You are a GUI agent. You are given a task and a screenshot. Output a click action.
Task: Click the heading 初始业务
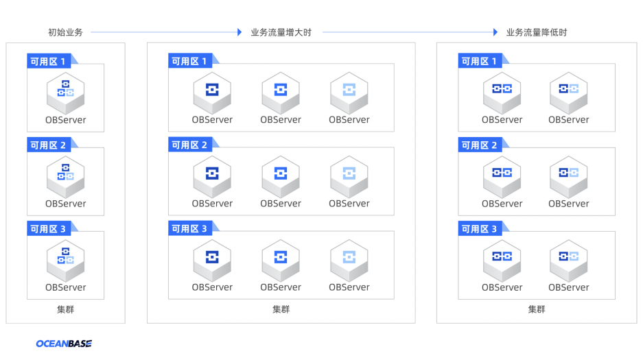tap(65, 32)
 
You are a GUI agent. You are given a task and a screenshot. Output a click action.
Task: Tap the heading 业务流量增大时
tap(281, 32)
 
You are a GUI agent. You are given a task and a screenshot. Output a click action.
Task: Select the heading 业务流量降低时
tap(537, 32)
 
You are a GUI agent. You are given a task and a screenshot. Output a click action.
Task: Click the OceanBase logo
tap(64, 344)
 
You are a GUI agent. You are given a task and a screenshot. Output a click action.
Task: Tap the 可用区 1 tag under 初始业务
tap(49, 61)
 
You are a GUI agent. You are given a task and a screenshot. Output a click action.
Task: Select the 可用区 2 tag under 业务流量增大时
tap(190, 145)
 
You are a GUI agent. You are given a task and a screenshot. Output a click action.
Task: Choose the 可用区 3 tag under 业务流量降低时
tap(480, 228)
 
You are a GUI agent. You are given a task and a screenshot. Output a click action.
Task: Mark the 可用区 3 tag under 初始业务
tap(49, 228)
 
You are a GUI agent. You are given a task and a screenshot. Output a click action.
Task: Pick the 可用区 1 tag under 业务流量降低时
tap(480, 61)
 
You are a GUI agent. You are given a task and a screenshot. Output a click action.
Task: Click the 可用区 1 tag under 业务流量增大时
tap(190, 61)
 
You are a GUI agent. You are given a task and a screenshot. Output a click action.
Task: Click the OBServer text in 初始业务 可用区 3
tap(66, 287)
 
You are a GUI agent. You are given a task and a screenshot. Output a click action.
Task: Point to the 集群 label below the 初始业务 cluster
tap(66, 309)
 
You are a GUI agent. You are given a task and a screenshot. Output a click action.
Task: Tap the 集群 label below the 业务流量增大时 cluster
tap(281, 309)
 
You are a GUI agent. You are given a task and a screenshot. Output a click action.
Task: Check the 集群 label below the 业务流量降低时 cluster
tap(537, 309)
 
